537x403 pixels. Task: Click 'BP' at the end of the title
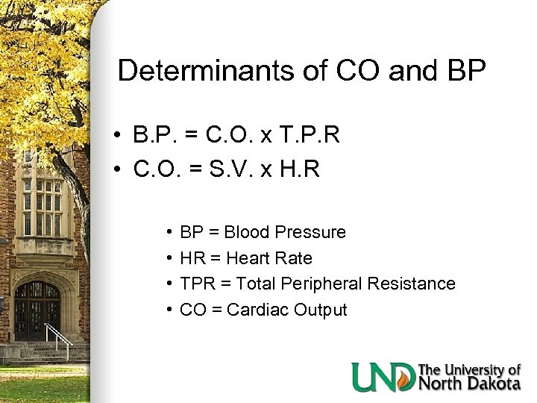click(465, 71)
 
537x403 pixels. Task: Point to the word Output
click(320, 310)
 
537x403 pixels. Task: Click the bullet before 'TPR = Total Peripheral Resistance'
click(171, 284)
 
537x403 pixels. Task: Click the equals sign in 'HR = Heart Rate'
click(217, 258)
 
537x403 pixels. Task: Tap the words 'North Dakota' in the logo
click(469, 384)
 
